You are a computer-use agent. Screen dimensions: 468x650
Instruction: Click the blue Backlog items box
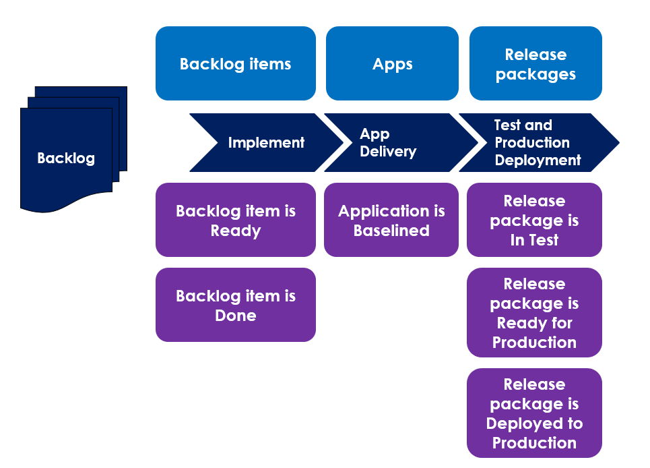tap(235, 63)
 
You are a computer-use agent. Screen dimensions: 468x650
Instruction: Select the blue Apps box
tap(392, 63)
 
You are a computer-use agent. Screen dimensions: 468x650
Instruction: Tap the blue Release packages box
tap(535, 63)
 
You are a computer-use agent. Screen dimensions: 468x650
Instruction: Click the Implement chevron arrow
tap(265, 142)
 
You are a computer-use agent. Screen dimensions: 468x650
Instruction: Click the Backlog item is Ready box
tap(235, 220)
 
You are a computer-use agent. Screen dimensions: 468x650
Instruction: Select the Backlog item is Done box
tap(235, 305)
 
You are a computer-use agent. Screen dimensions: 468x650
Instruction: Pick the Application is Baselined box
tap(391, 220)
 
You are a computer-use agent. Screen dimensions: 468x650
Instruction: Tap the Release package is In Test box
tap(534, 220)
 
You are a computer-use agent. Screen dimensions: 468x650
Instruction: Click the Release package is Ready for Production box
tap(534, 312)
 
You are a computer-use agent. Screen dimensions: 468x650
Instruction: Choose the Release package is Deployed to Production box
tap(534, 413)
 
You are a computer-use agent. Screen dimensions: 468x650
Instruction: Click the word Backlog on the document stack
tap(65, 158)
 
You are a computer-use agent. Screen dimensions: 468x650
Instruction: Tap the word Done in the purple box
tap(235, 316)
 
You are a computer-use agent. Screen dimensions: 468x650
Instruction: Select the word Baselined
tap(391, 231)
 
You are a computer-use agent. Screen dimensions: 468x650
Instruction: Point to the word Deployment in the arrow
tap(538, 160)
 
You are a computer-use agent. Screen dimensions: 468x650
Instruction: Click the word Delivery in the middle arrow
tap(388, 152)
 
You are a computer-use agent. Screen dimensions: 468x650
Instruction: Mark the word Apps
tap(392, 64)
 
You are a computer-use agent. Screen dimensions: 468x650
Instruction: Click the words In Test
tap(534, 240)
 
